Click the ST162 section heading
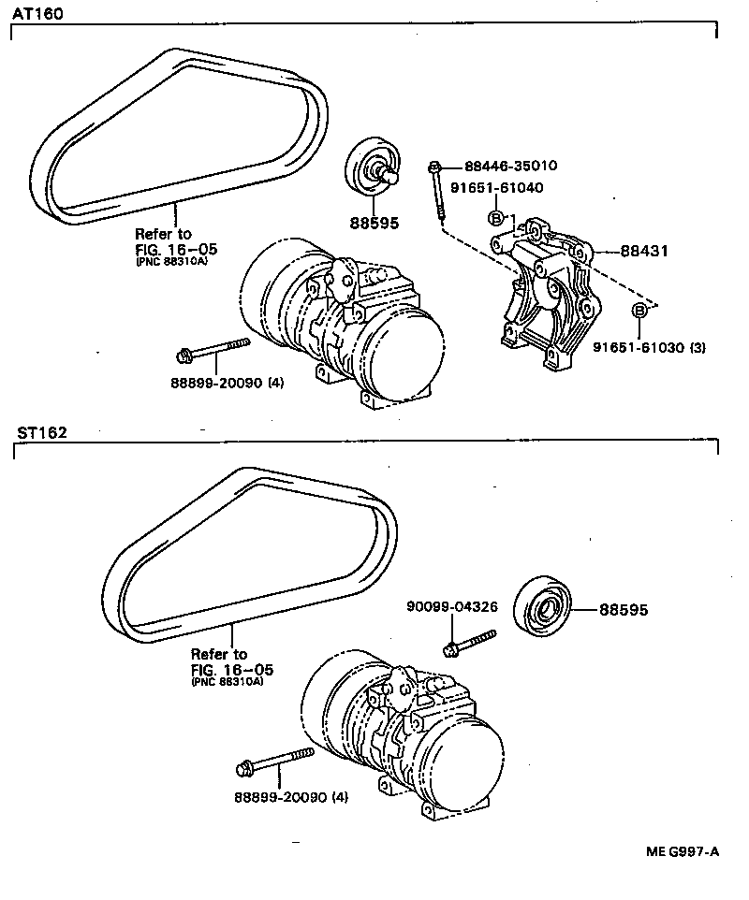[40, 432]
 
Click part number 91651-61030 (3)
[649, 347]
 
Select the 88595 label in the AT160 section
[374, 223]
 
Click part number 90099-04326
[451, 607]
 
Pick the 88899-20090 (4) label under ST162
[290, 797]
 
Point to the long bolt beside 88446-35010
[436, 192]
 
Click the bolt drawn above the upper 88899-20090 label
[213, 351]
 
